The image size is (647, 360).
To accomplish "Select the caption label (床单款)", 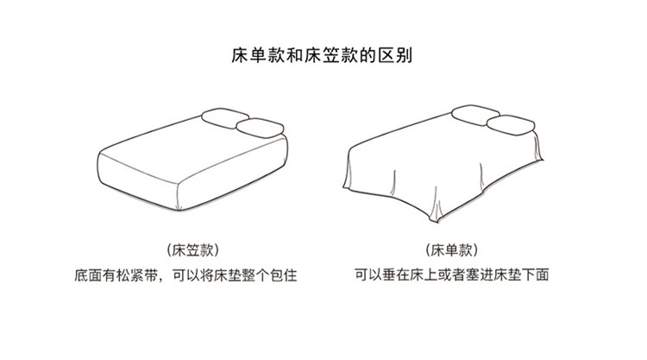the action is (452, 250).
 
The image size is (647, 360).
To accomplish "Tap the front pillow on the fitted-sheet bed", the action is (261, 130).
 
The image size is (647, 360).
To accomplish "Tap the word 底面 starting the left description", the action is (87, 276).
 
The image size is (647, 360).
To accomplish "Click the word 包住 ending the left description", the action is (296, 276).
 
